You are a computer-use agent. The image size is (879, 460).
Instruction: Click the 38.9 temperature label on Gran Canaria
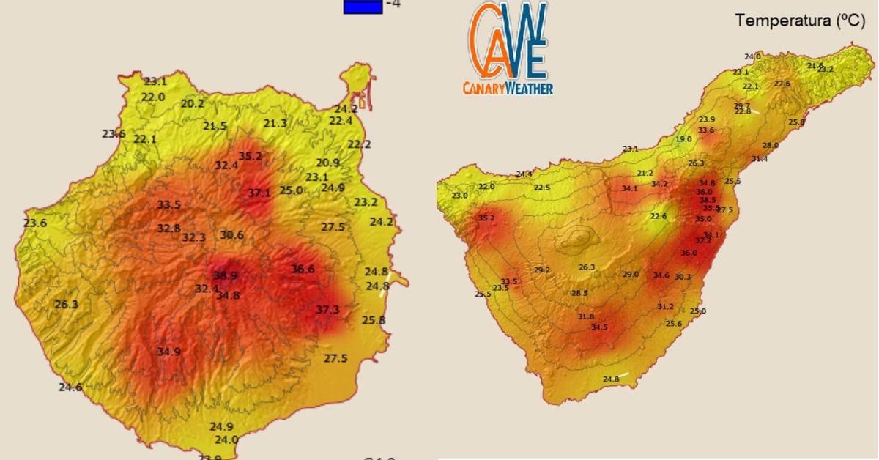pos(225,276)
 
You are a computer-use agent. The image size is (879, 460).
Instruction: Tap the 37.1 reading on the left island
pos(259,193)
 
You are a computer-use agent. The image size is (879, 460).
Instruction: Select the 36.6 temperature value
pos(303,269)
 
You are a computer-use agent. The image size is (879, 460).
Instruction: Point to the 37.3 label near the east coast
pos(327,310)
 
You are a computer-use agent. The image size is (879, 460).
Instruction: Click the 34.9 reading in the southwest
pos(168,352)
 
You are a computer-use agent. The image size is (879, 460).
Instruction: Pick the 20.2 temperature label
pos(192,104)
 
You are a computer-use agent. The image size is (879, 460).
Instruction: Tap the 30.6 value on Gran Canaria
pos(231,235)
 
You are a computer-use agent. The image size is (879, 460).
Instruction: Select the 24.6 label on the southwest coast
pos(70,387)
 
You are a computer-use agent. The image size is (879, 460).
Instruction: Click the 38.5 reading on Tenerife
pos(707,200)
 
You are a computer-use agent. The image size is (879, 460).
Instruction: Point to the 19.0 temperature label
pos(683,139)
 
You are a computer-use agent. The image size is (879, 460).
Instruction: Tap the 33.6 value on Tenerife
pos(705,130)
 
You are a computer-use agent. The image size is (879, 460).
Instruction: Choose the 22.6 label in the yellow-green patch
pos(659,216)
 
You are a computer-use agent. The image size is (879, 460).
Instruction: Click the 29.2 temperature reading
pos(542,270)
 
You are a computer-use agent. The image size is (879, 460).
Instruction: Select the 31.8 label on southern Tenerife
pos(586,316)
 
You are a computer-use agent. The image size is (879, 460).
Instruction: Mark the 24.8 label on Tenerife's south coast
pos(611,379)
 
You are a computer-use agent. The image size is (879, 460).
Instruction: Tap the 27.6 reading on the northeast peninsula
pos(782,84)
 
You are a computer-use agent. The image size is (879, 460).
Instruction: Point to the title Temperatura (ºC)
pos(801,21)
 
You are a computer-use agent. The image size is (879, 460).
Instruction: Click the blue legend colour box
pos(363,6)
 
